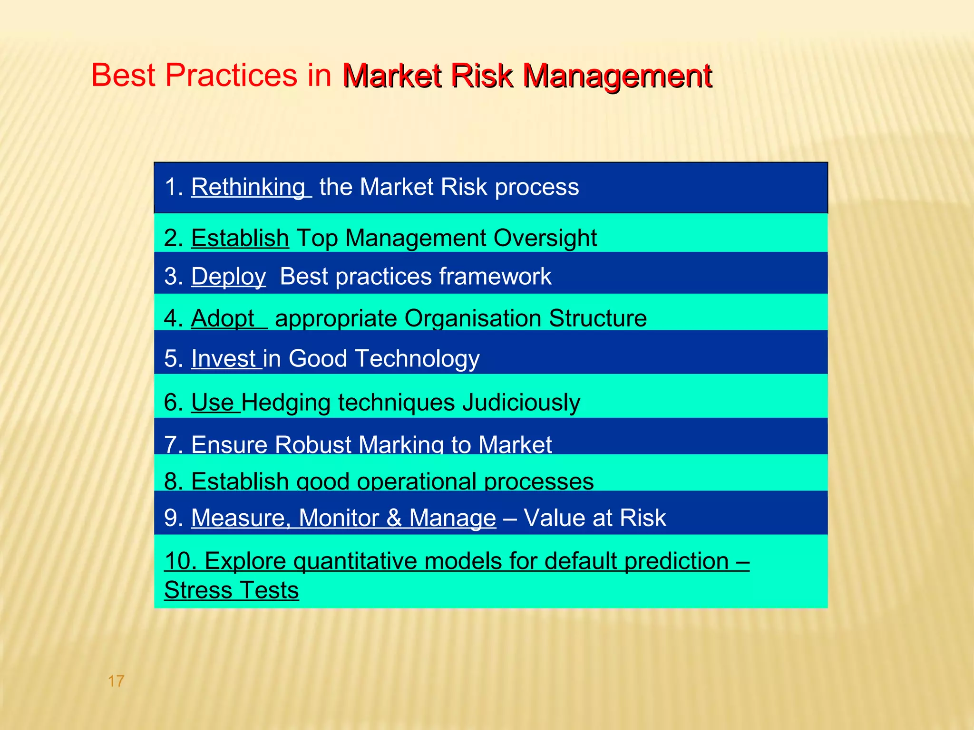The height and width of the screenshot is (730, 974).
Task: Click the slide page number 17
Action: coord(116,681)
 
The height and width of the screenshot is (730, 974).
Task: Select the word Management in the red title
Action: coord(617,76)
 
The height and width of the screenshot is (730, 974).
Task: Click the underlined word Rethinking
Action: coord(248,187)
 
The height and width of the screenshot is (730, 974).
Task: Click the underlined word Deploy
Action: coord(228,277)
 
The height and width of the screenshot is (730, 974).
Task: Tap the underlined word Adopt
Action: coord(223,318)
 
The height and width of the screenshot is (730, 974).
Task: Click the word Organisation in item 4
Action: coord(472,318)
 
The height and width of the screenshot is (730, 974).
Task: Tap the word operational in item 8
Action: coord(417,481)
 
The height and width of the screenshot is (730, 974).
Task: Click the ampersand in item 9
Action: coord(394,518)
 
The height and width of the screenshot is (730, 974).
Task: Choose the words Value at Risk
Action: coord(594,518)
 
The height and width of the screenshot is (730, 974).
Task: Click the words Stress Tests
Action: coord(231,590)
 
